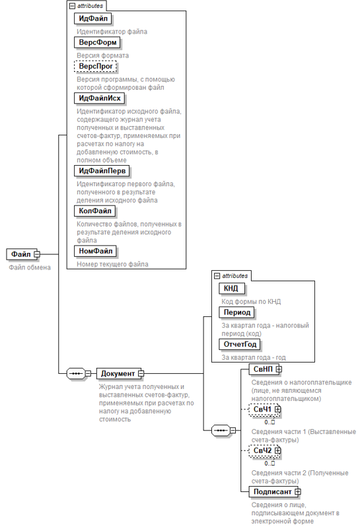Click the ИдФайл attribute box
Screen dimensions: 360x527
(x=92, y=18)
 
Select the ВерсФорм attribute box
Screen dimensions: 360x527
(x=98, y=42)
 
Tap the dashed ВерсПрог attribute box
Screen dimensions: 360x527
(x=96, y=66)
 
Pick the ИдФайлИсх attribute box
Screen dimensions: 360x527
(x=100, y=98)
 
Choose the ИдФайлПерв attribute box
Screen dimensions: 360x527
(x=102, y=171)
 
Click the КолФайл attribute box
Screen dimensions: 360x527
(x=95, y=211)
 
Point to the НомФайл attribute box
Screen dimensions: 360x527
(x=96, y=251)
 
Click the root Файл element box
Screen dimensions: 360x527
(x=21, y=254)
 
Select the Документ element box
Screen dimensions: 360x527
(x=118, y=373)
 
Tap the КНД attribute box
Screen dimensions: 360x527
(x=231, y=289)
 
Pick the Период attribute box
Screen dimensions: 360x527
(x=237, y=312)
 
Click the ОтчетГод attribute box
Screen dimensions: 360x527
(x=240, y=345)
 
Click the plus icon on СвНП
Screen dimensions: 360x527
(x=279, y=369)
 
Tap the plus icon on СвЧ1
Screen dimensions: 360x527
(x=277, y=409)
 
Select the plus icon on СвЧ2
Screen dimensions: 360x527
(x=277, y=450)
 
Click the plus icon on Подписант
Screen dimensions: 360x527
(x=297, y=492)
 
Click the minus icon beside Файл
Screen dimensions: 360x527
(x=37, y=254)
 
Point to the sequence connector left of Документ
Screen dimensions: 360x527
(x=76, y=373)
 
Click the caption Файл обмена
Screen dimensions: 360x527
(x=30, y=267)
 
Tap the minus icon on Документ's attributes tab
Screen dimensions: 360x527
(x=217, y=276)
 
